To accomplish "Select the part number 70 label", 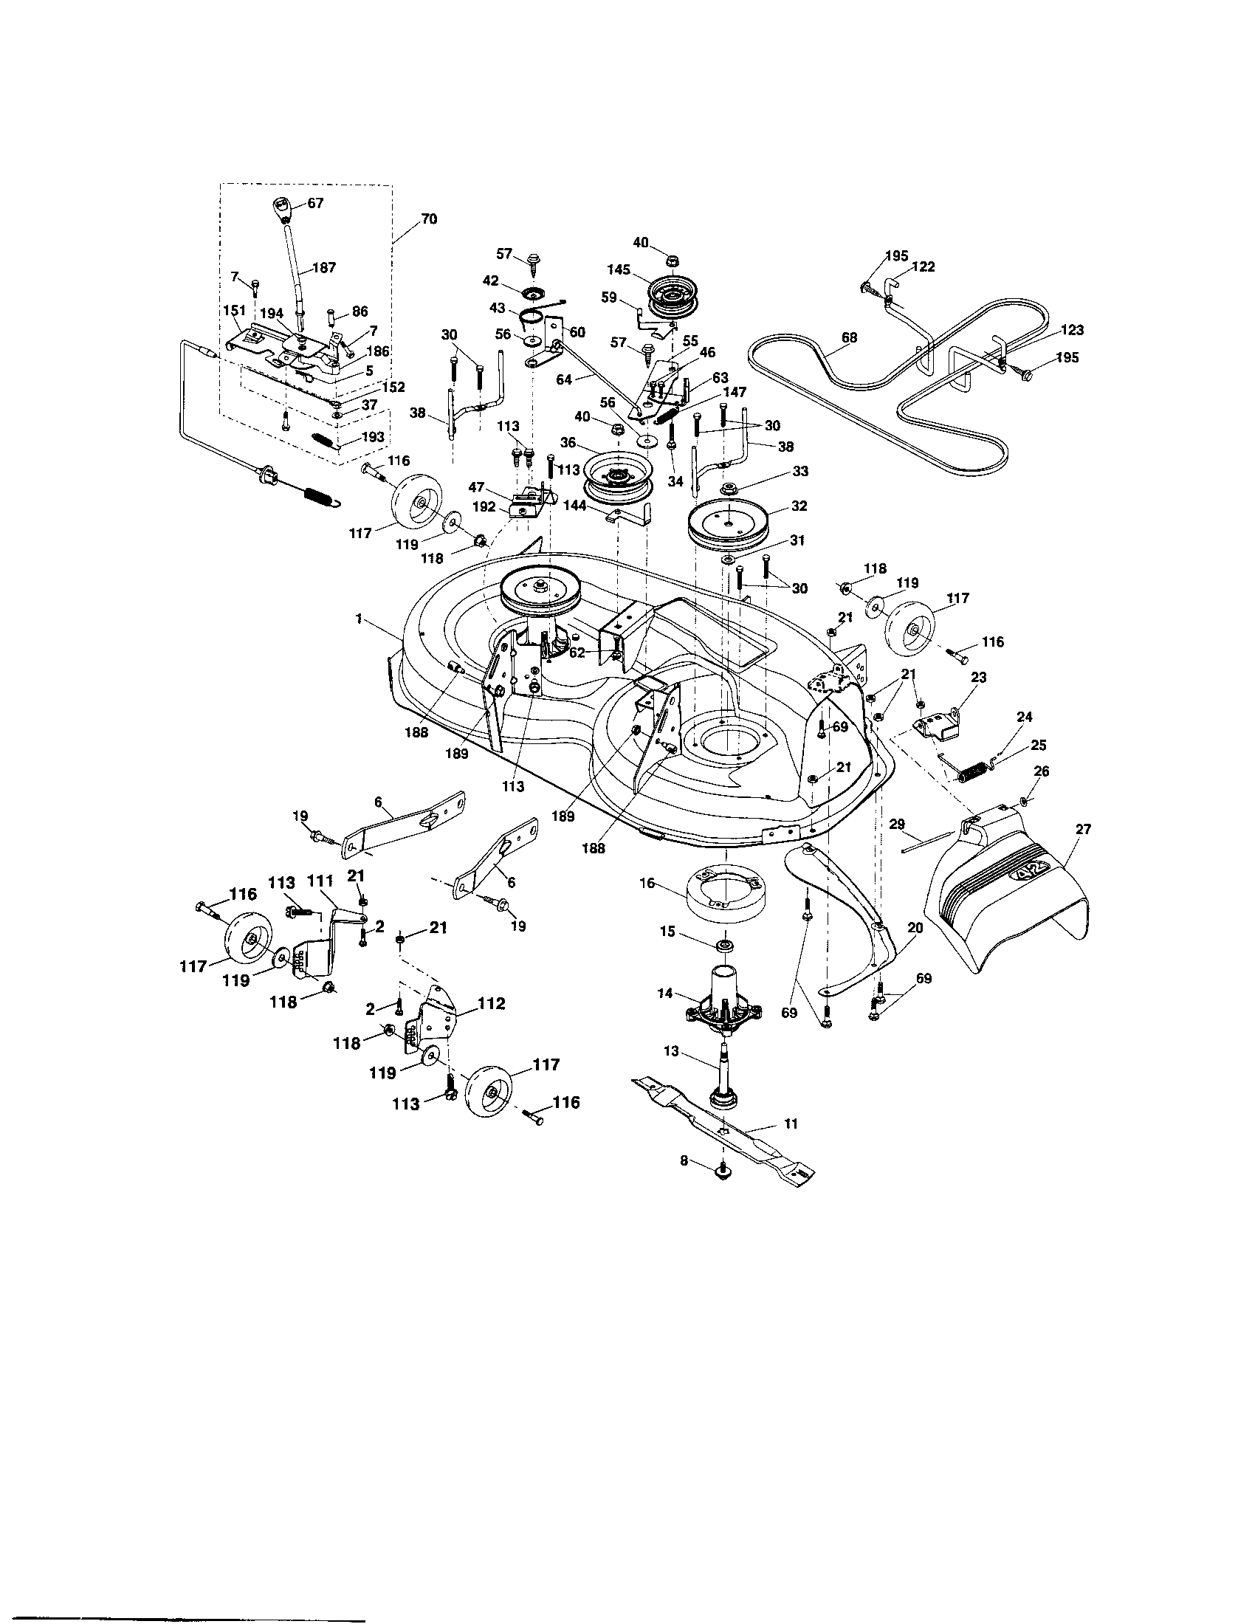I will (428, 219).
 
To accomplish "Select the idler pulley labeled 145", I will (675, 296).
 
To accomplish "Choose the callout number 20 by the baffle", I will (915, 927).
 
